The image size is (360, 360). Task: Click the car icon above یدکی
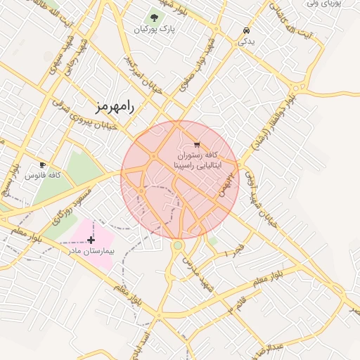click(x=245, y=31)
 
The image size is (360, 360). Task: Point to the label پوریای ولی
click(x=323, y=4)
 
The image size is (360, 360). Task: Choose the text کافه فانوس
click(x=41, y=175)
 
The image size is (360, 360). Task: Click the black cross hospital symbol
click(x=91, y=240)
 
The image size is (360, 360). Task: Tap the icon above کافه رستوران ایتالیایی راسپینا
click(x=186, y=144)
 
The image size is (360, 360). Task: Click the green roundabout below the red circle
click(x=178, y=245)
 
